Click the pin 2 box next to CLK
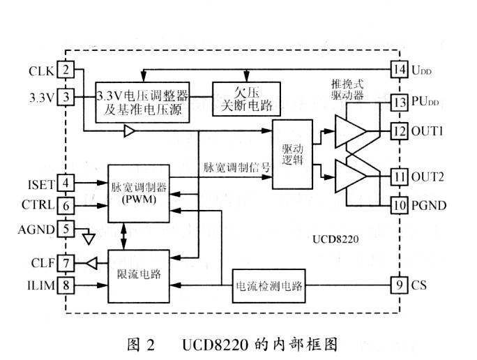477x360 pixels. coord(66,70)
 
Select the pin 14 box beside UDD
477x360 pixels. coord(399,69)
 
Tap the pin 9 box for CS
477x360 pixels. coord(399,285)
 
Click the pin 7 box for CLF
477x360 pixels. coord(66,263)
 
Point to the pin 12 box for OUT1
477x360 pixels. coord(399,131)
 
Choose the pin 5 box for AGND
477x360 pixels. coord(66,229)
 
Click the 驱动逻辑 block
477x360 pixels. coord(292,154)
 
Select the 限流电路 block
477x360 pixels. coord(139,276)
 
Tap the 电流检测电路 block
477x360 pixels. coord(269,286)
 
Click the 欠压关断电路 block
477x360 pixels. coord(246,99)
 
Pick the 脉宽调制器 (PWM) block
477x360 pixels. coord(139,193)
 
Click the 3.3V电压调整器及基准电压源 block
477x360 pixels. coord(142,103)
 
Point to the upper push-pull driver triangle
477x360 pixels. coord(351,131)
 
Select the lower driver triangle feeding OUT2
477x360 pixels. coord(351,177)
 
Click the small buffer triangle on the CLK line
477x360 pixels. coord(129,131)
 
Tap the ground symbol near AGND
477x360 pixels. coord(89,239)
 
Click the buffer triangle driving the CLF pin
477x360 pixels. coord(92,263)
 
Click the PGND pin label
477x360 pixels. coord(429,206)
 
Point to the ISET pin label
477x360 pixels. coord(41,185)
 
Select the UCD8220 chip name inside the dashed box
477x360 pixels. coord(335,239)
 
